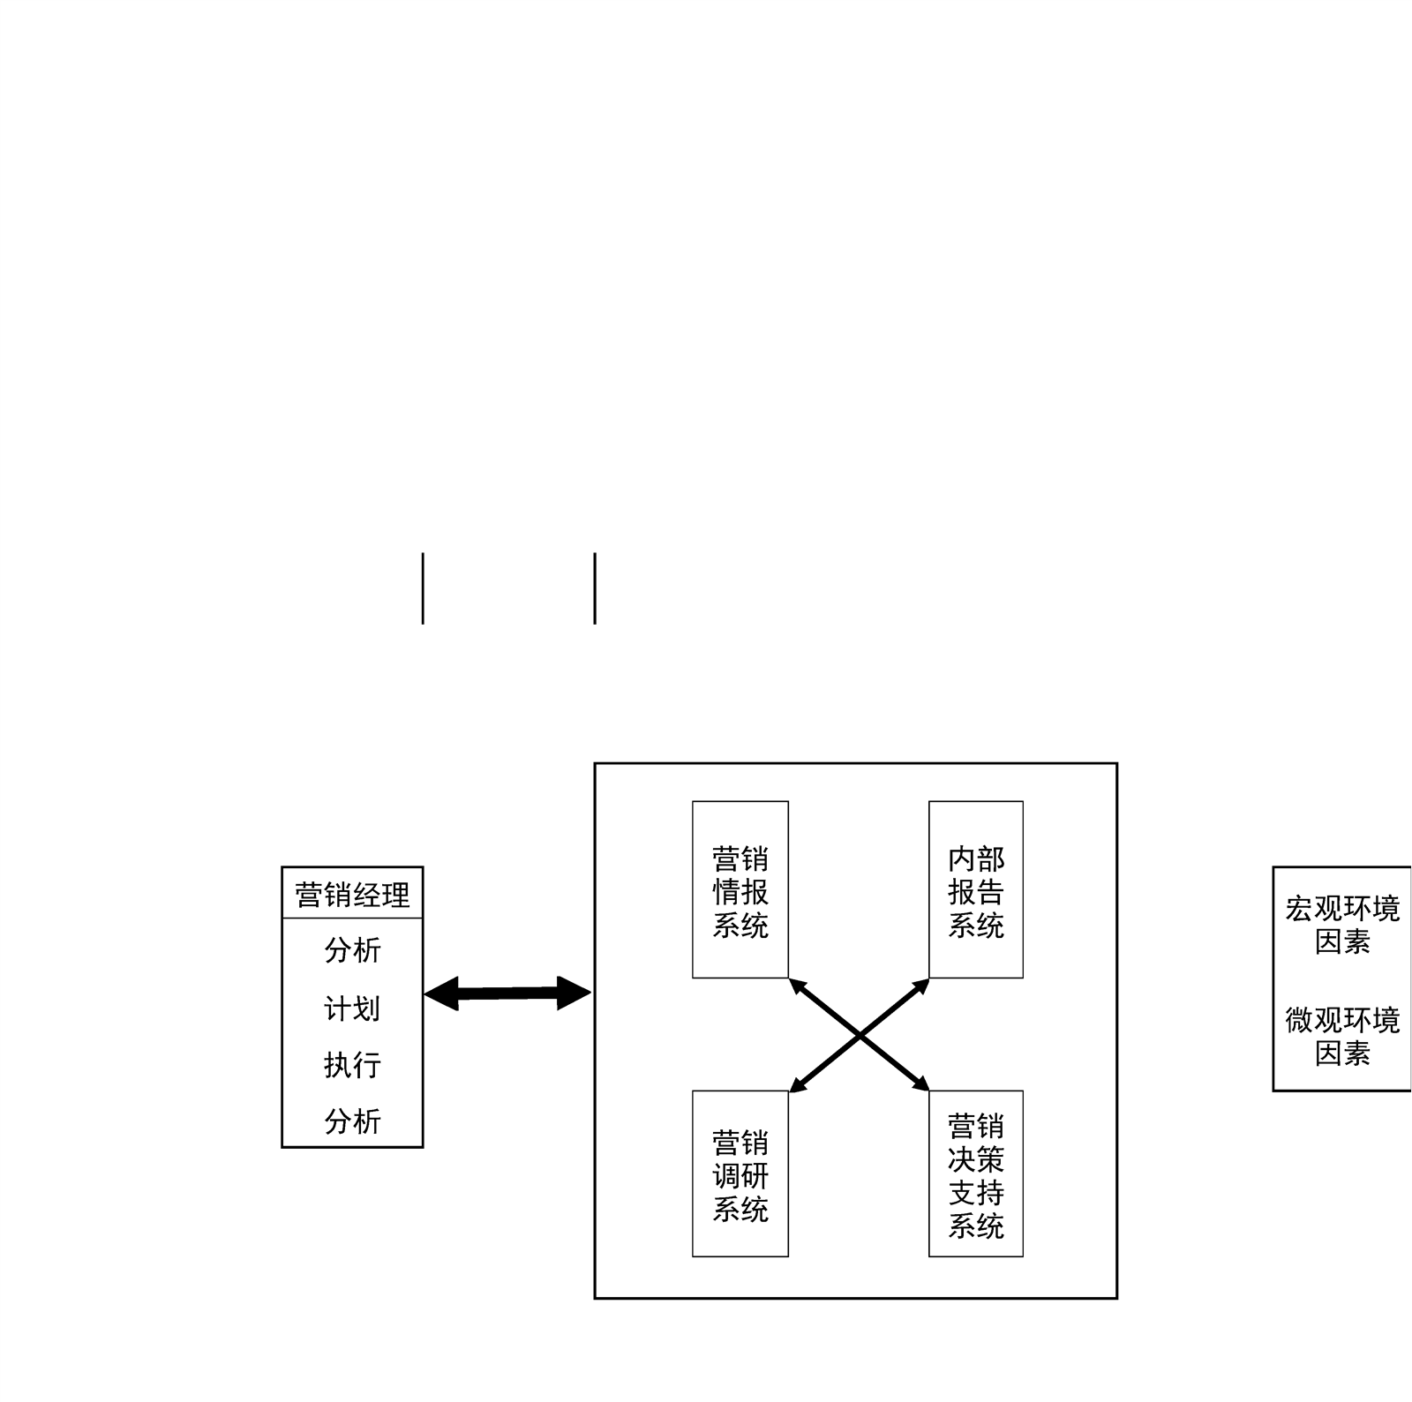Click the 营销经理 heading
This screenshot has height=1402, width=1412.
click(x=352, y=895)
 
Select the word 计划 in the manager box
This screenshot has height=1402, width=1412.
click(x=352, y=1008)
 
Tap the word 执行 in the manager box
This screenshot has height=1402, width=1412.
click(x=352, y=1065)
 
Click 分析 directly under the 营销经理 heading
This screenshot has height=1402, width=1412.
click(x=352, y=950)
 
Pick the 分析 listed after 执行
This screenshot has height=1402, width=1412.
click(x=352, y=1121)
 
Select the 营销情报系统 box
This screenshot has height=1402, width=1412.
click(x=740, y=889)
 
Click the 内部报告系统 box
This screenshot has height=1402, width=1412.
click(x=975, y=889)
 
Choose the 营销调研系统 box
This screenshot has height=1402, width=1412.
click(x=740, y=1173)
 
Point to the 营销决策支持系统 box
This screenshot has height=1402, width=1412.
click(x=975, y=1173)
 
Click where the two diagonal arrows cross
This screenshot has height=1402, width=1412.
click(x=859, y=1035)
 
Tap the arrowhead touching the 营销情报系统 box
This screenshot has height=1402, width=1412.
click(x=796, y=985)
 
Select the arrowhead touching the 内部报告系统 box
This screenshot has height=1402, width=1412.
click(x=921, y=985)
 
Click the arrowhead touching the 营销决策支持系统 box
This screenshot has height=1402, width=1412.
click(x=921, y=1085)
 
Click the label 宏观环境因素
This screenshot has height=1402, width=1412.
click(x=1341, y=925)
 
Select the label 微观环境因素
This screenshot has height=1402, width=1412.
click(x=1341, y=1036)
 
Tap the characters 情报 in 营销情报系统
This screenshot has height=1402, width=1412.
click(x=740, y=892)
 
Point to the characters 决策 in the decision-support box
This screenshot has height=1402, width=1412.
click(x=976, y=1158)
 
